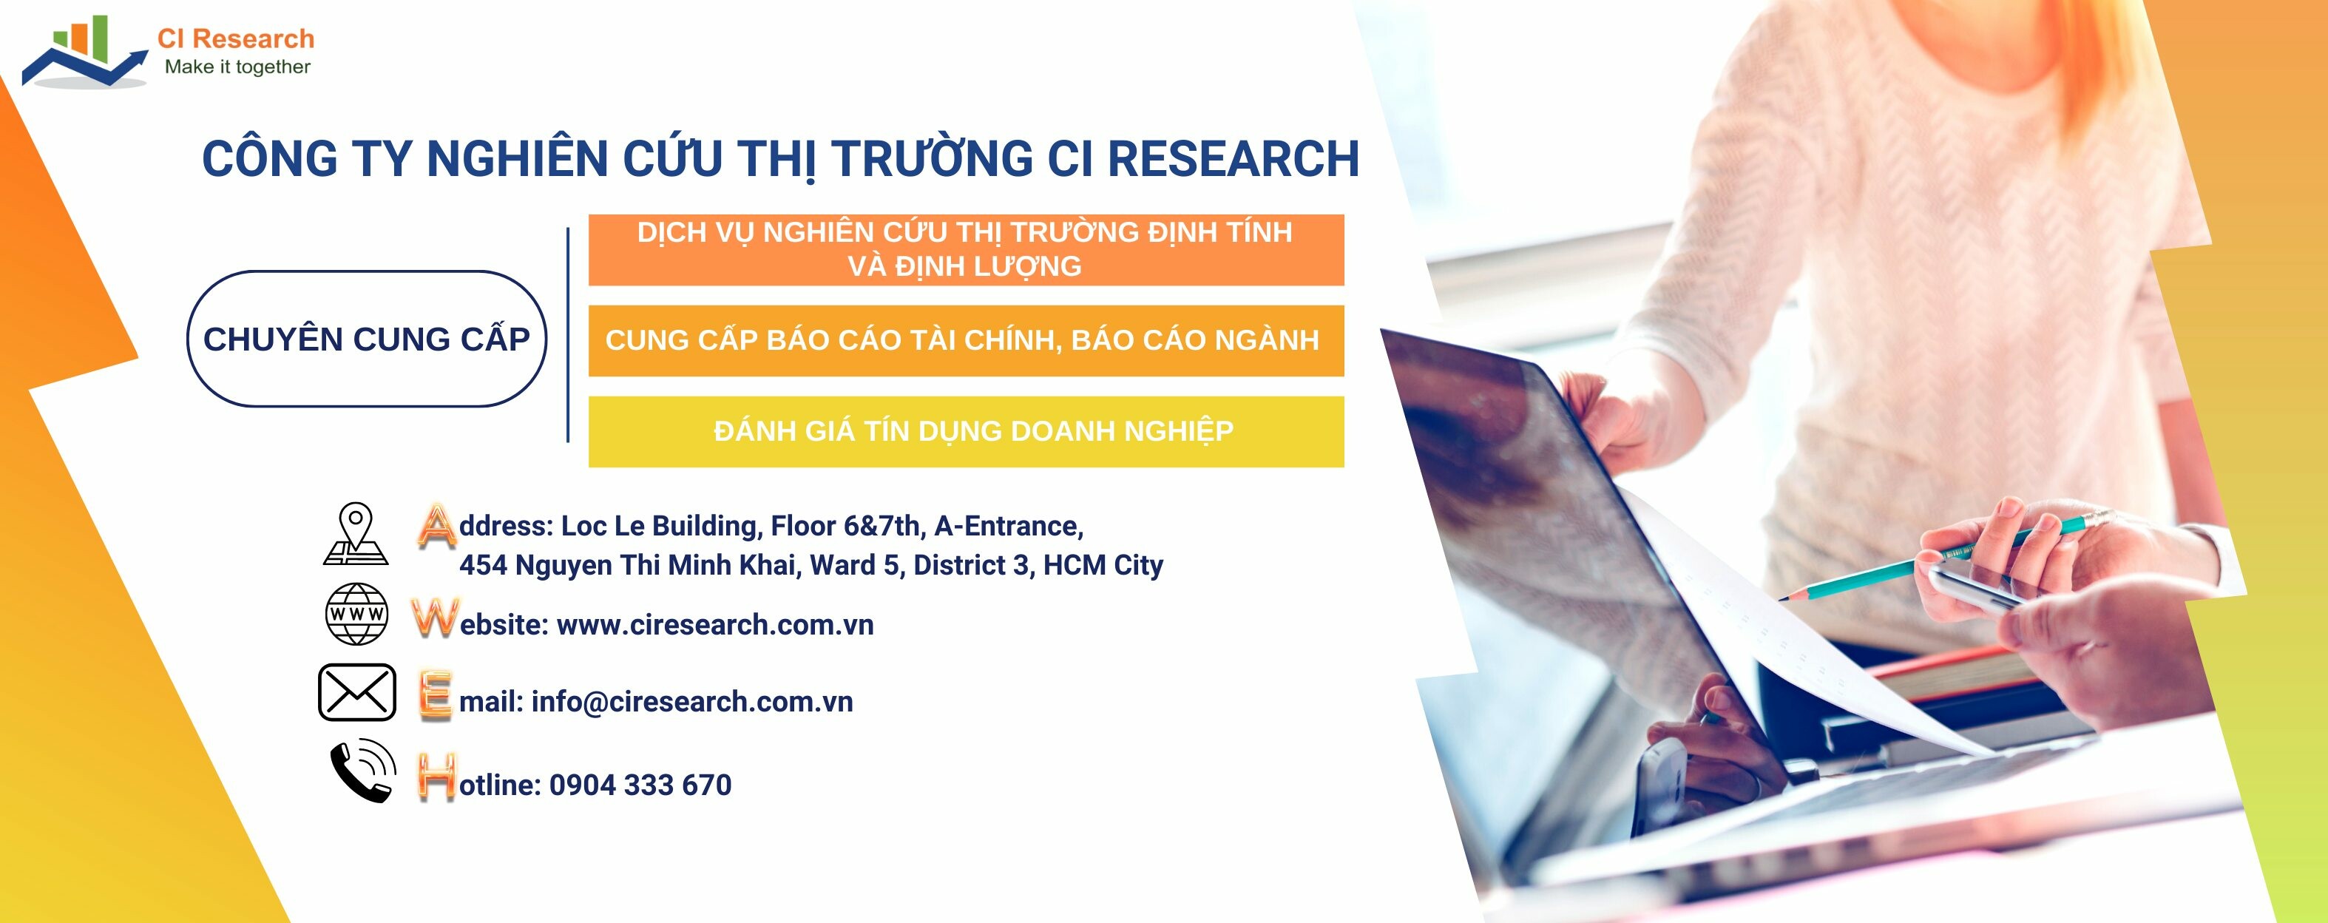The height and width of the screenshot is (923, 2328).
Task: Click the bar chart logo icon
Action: click(x=83, y=53)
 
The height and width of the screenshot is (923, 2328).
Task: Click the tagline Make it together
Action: click(x=237, y=67)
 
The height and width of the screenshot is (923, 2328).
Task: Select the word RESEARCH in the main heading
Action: click(x=1233, y=159)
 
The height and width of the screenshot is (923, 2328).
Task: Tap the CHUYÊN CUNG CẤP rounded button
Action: click(x=366, y=339)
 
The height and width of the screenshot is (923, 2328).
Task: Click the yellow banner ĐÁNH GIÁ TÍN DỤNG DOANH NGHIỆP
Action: click(x=966, y=431)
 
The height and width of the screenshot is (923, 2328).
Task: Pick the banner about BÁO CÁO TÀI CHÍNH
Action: click(x=966, y=341)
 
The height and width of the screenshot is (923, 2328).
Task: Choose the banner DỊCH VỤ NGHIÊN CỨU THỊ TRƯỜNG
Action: click(x=966, y=249)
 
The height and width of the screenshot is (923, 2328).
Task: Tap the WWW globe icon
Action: click(x=356, y=614)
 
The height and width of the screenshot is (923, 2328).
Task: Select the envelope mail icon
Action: click(x=357, y=692)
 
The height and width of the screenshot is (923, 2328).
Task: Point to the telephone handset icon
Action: click(x=362, y=772)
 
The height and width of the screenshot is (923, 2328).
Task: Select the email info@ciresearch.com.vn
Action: click(x=691, y=702)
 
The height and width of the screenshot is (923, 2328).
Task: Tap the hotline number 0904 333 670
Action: click(x=640, y=785)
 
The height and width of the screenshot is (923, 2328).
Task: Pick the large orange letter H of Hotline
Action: click(x=436, y=777)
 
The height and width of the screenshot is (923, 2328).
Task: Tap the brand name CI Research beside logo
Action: click(x=235, y=39)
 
